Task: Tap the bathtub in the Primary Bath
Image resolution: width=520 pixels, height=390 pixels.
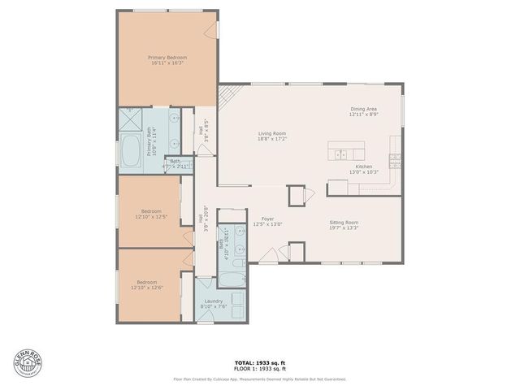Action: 131,151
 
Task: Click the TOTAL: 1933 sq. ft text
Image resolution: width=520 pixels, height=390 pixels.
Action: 259,362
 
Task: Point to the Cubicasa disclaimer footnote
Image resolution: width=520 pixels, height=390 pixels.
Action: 259,379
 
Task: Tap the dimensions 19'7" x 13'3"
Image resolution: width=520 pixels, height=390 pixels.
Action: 344,228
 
